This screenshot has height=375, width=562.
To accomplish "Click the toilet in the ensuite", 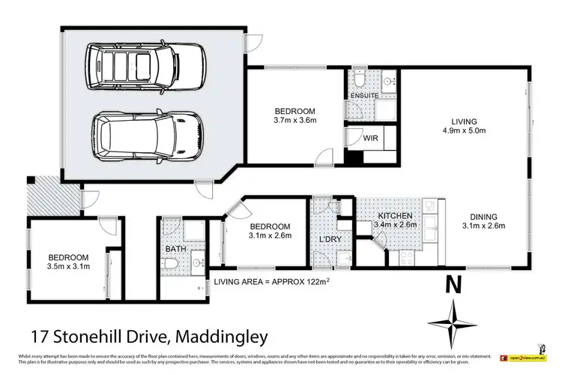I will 359,80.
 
